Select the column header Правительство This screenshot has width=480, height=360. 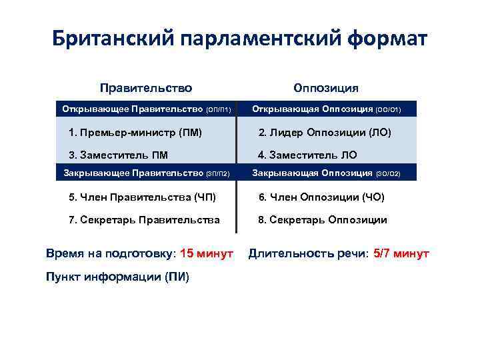click(x=146, y=87)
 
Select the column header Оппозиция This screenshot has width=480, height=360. click(x=326, y=87)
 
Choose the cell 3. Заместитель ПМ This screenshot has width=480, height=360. click(x=118, y=155)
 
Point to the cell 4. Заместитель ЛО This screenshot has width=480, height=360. click(x=307, y=155)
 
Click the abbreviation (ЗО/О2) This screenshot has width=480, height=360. click(x=388, y=174)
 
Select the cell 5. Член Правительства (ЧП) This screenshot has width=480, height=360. click(x=142, y=197)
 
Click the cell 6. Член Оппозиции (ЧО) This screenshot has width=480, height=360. click(x=321, y=197)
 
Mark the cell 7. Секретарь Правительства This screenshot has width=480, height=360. click(x=144, y=219)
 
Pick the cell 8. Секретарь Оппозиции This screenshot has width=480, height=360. click(x=323, y=219)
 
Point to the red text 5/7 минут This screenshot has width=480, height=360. click(x=401, y=253)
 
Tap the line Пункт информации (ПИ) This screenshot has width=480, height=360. click(x=117, y=277)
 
